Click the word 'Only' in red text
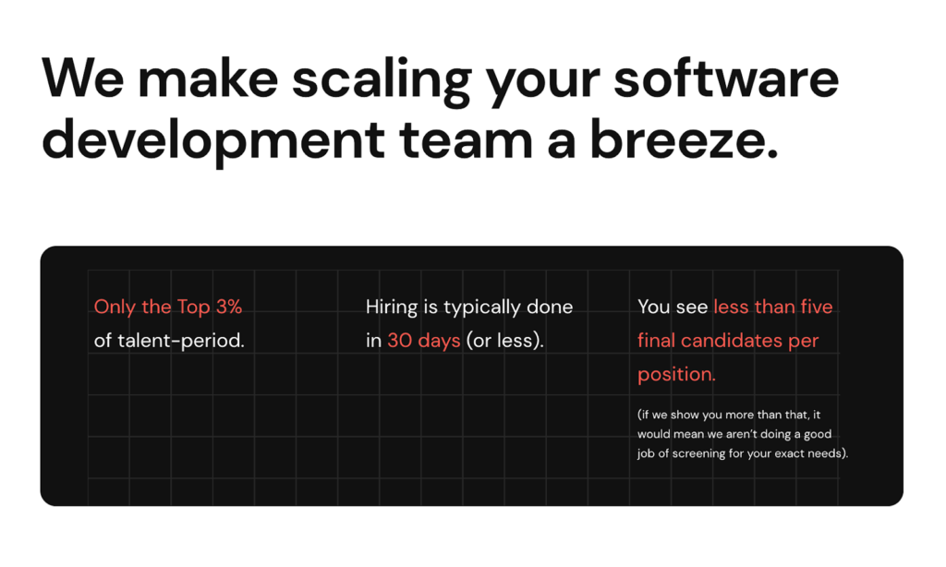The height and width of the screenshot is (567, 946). point(115,307)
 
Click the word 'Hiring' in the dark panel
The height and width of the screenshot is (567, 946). point(393,307)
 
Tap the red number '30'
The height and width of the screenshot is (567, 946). point(400,341)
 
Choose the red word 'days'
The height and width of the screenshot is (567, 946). point(439,341)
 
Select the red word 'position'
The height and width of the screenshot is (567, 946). point(674,375)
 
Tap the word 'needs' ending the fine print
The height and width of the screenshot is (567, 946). point(825,453)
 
